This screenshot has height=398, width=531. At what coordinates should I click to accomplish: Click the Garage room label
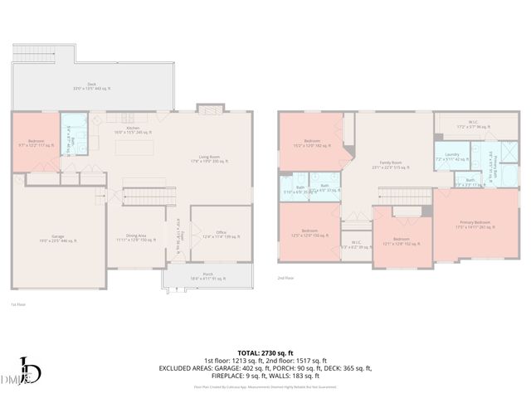pos(58,238)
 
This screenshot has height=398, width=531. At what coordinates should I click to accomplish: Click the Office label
pos(221,235)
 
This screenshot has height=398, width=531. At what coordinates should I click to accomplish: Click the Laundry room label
pos(452,156)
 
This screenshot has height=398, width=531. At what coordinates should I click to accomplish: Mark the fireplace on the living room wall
pos(209,109)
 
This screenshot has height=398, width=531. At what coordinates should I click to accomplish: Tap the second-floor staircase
pos(403,193)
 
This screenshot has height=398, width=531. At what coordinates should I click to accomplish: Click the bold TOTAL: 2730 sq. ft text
pos(265,353)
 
